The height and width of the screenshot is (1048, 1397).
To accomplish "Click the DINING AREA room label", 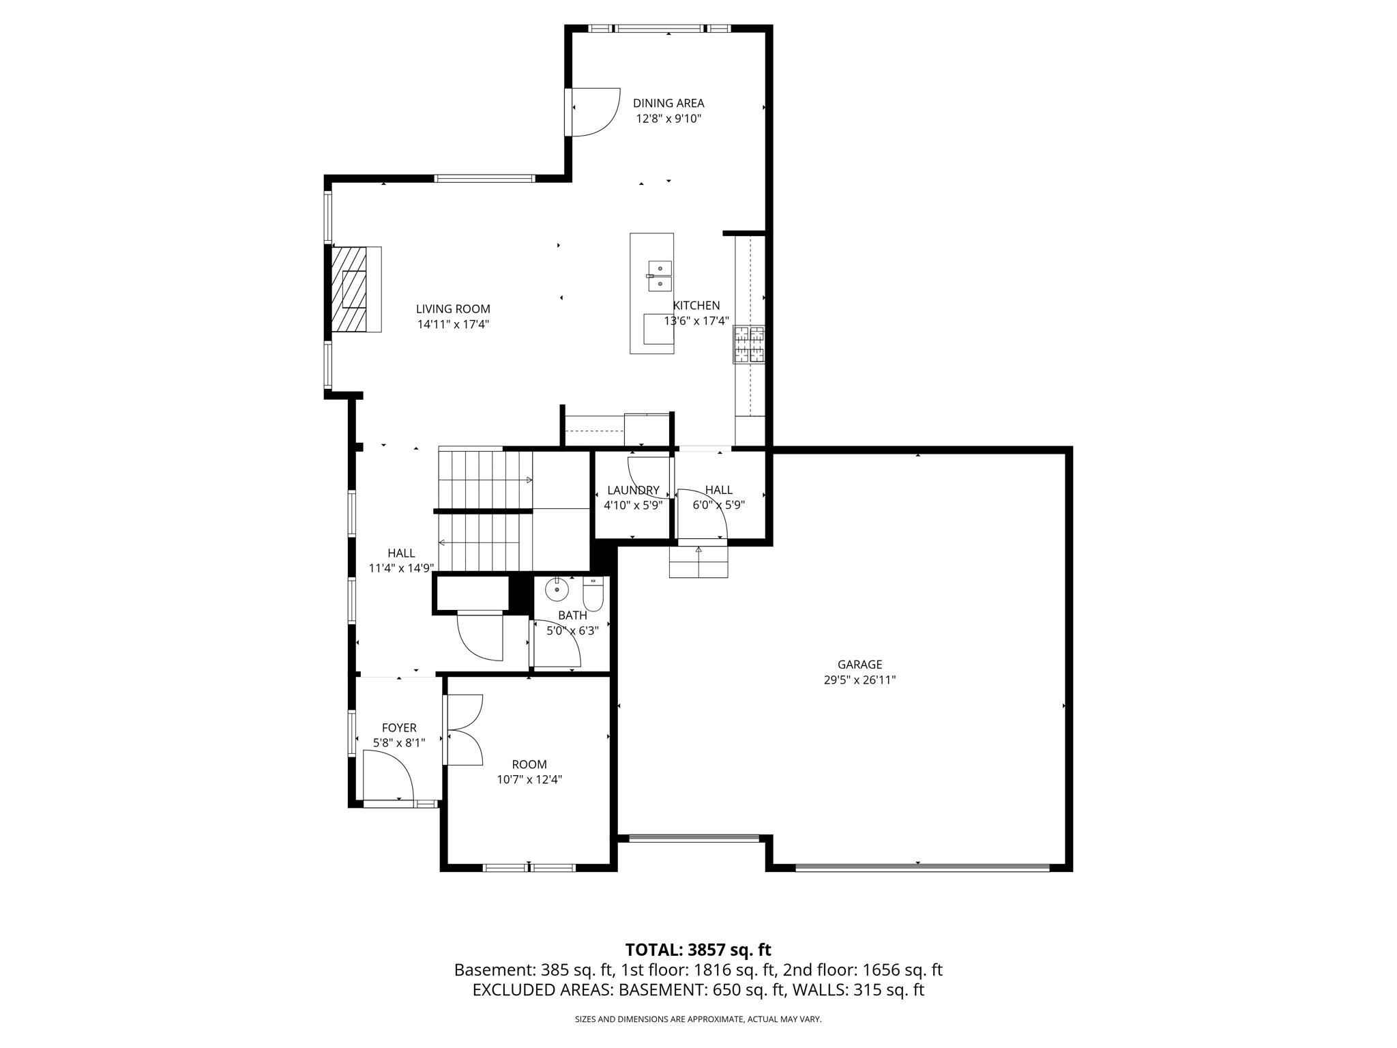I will coord(668,103).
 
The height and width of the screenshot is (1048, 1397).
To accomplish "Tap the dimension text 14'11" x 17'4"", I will coord(453,325).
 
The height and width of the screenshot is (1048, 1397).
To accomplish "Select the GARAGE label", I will coord(859,664).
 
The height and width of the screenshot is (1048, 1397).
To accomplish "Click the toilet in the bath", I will coord(593,595).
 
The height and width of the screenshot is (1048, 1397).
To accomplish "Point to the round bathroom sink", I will coord(557,589).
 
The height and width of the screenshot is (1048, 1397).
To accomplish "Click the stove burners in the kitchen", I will coord(748,345).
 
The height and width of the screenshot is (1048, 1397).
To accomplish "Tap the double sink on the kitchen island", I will coord(660,276).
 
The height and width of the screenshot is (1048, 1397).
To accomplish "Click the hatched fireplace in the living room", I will coord(349,289).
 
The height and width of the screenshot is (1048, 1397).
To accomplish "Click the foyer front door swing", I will coord(387,776).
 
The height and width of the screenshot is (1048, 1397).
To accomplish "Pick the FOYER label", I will coord(399,727).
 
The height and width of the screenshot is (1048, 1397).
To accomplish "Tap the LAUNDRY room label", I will coord(633,490).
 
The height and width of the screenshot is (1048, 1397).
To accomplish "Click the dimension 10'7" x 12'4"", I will coord(529,779).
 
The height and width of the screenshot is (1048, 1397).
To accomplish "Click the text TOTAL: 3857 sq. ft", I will coord(698,950).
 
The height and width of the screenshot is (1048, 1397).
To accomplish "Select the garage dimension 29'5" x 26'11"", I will coord(859,680).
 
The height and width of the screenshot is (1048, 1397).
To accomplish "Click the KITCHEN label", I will coord(696,305).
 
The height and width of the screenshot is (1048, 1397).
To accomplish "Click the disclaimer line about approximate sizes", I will coord(698,1019).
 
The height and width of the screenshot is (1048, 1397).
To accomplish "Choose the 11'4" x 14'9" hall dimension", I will coord(401,568).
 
